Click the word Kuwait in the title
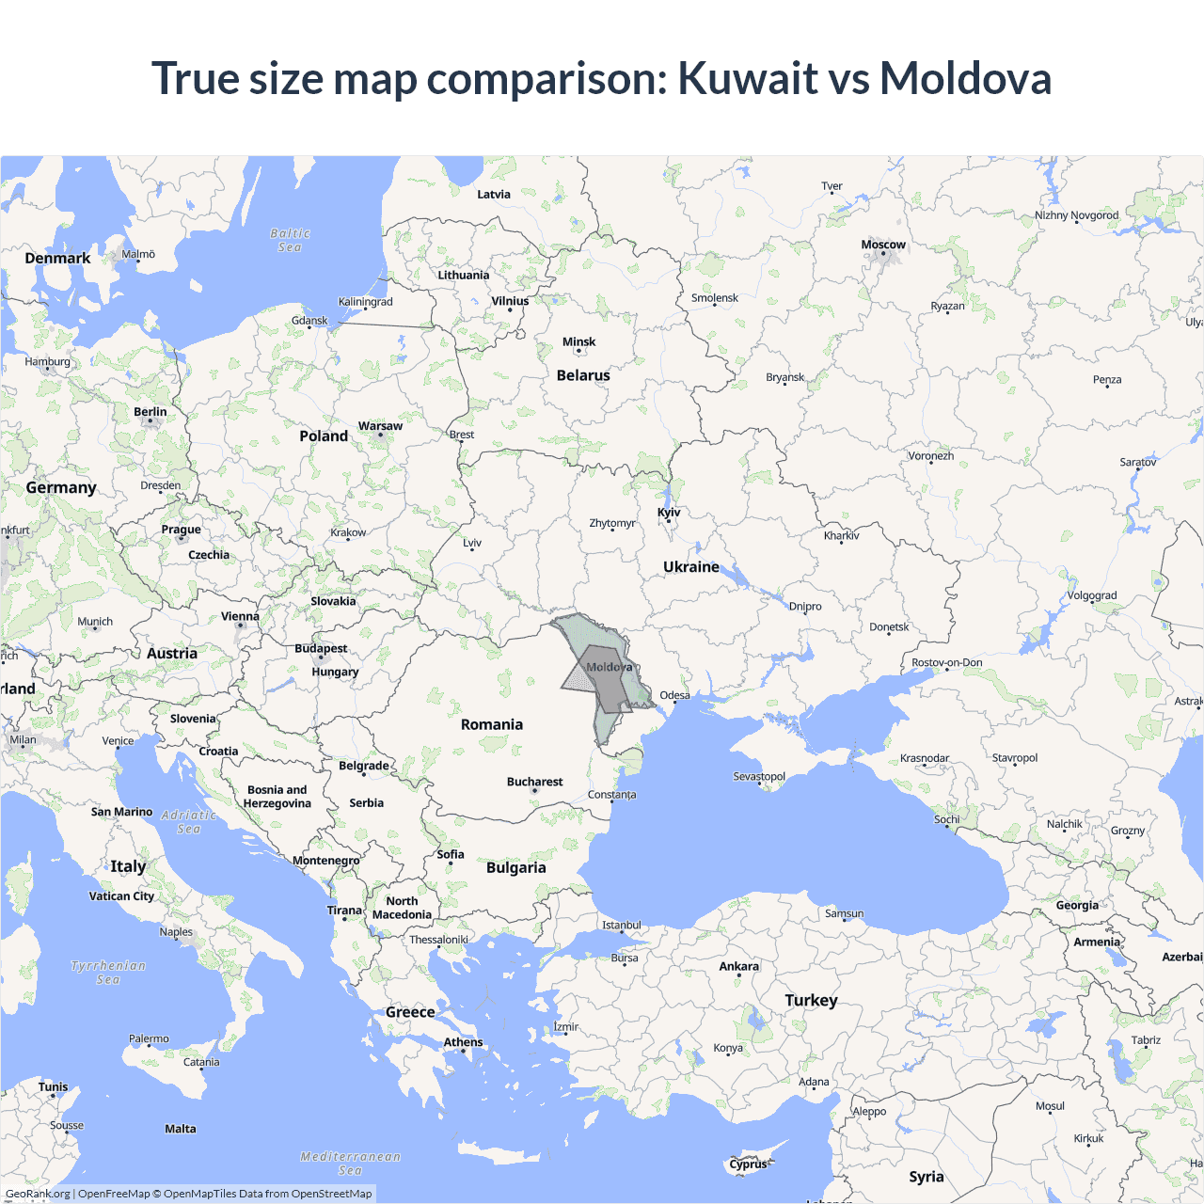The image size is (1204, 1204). [748, 78]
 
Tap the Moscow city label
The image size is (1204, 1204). [883, 245]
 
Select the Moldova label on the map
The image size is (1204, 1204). [609, 667]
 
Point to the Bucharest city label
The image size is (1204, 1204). [534, 782]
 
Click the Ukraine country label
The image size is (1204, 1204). [690, 567]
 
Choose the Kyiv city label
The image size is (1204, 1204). [669, 513]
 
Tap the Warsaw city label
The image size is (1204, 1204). [380, 426]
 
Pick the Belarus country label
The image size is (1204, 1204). [583, 375]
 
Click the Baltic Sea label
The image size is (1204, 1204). [290, 240]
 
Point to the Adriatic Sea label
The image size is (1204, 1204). [188, 822]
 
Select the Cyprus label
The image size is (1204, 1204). [748, 1164]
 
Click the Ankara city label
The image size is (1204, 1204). [738, 966]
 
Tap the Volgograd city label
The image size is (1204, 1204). [1091, 595]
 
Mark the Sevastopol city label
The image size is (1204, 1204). [759, 776]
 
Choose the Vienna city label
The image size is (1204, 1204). [240, 616]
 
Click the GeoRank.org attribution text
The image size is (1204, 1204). [38, 1194]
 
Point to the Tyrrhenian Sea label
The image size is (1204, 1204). [108, 973]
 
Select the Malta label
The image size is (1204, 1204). [181, 1129]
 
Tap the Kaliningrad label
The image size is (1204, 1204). [365, 302]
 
